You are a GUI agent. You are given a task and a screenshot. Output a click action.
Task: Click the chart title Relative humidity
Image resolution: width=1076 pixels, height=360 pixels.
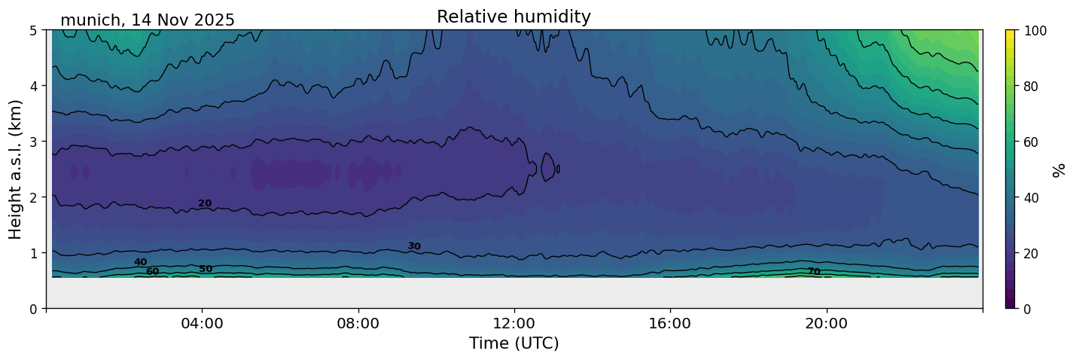[x=514, y=17]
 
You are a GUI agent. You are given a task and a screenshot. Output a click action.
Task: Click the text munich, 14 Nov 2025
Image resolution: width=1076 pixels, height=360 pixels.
[x=148, y=20]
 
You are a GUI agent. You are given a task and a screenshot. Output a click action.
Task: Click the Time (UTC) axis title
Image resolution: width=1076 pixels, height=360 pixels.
[x=514, y=344]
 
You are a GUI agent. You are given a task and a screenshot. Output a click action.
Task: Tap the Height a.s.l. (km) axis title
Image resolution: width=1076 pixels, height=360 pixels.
[x=16, y=169]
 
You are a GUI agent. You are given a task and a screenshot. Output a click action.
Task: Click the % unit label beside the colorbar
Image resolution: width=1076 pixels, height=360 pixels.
[x=1059, y=169]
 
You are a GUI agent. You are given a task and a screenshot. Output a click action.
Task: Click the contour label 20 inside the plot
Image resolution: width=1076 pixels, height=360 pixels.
[x=205, y=203]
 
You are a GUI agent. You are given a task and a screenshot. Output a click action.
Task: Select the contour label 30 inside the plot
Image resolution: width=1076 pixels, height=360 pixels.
[x=414, y=246]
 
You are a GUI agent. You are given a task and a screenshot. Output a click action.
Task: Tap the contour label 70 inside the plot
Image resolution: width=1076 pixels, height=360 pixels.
[x=814, y=272]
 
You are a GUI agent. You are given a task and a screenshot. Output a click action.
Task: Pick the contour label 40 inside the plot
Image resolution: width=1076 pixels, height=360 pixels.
[x=141, y=262]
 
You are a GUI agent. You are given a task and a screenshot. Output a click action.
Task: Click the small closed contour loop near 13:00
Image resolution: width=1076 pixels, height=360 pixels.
[x=547, y=167]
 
